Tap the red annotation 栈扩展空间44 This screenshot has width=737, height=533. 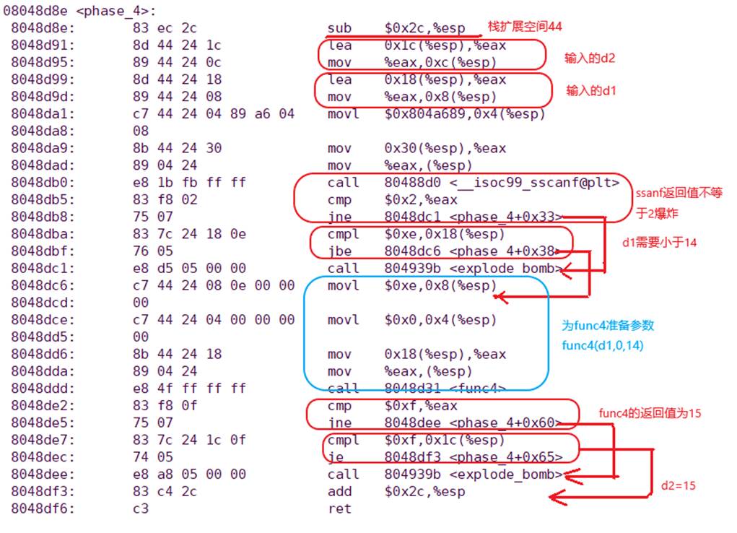tap(525, 27)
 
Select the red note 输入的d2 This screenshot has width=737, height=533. tap(590, 58)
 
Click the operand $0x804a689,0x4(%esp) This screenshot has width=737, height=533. tap(465, 114)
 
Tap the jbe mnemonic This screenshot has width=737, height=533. tap(339, 251)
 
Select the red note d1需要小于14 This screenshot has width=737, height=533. tap(659, 242)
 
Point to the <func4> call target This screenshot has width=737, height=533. tap(477, 389)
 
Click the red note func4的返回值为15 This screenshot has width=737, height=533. tap(650, 413)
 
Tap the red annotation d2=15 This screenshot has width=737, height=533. tap(678, 486)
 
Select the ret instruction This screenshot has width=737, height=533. tap(339, 509)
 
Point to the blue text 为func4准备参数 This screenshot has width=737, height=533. tap(608, 326)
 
